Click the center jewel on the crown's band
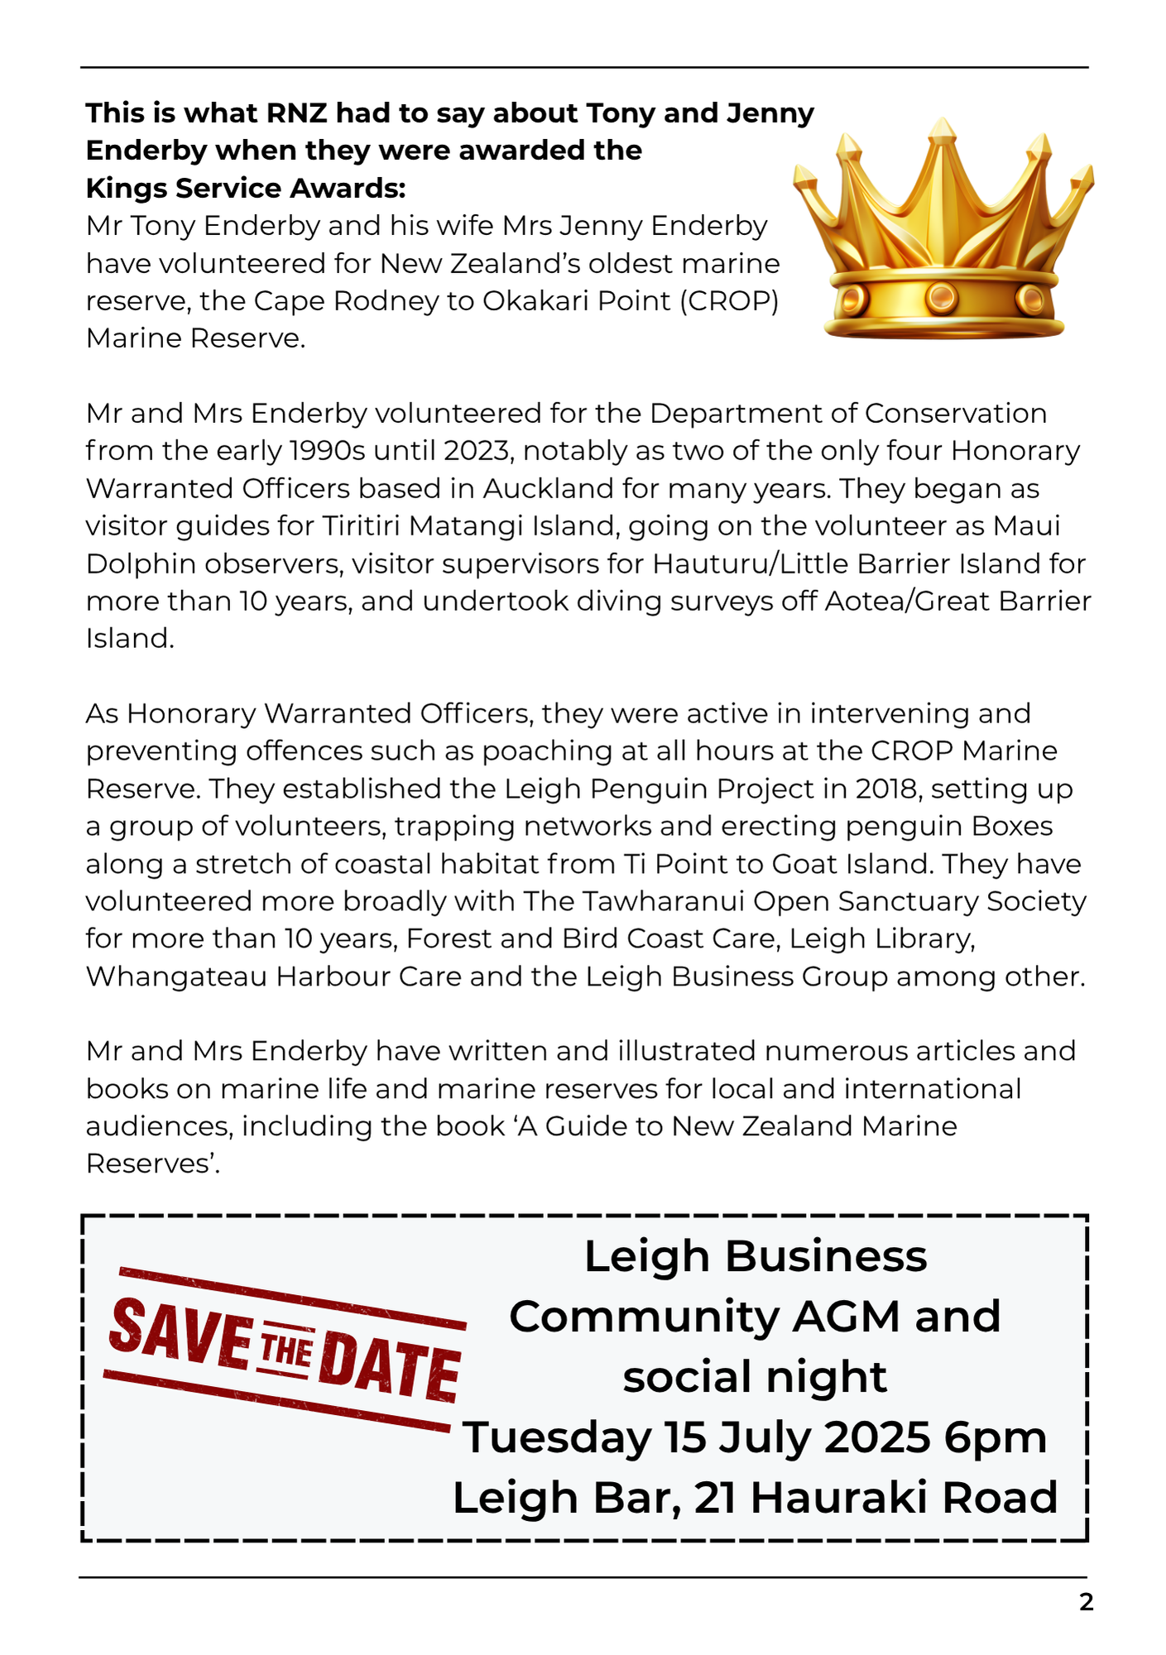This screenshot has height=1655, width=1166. point(942,295)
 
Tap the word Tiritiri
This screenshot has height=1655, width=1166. point(369,525)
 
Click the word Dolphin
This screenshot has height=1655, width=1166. point(142,564)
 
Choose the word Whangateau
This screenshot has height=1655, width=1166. point(176,976)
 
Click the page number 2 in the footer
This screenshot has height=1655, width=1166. point(1086,1603)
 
